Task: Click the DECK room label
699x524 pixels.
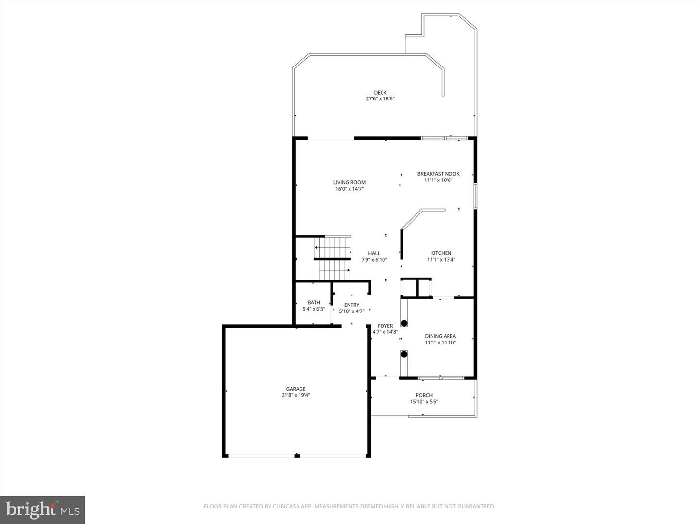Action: [380, 93]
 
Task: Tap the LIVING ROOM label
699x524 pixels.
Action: [349, 183]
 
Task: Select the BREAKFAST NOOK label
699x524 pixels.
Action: [438, 174]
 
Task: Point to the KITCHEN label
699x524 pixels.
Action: [441, 253]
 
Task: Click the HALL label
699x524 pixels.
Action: [374, 253]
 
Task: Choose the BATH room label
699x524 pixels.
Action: [314, 303]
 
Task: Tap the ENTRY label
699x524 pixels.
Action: [351, 305]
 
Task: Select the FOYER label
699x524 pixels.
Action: [385, 326]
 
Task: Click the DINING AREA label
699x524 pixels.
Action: [440, 336]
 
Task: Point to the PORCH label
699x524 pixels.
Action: [424, 395]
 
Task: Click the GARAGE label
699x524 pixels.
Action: [296, 389]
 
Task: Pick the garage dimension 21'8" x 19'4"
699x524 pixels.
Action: [296, 395]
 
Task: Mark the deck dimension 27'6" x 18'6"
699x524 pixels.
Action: [380, 99]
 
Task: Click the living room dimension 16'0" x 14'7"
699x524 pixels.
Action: [349, 189]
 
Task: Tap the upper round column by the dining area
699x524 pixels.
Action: [404, 323]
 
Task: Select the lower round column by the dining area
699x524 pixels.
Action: [404, 354]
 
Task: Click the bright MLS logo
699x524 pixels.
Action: [43, 509]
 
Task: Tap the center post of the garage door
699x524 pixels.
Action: [297, 456]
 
